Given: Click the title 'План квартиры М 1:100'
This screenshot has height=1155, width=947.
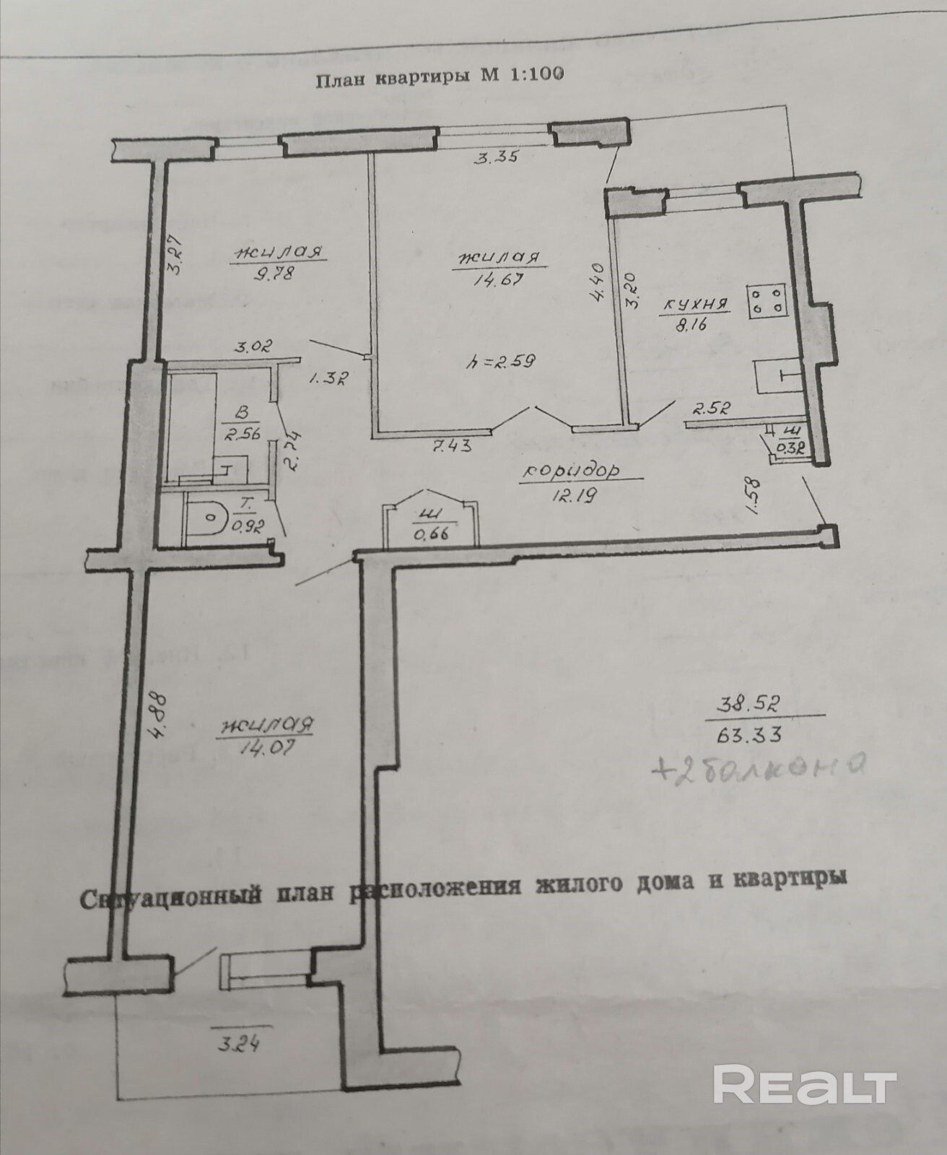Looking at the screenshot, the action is [440, 77].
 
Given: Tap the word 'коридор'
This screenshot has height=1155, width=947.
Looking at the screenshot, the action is [572, 471].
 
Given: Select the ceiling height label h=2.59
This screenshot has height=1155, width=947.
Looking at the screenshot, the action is [499, 362].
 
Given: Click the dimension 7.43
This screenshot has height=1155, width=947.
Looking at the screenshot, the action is [452, 446].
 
